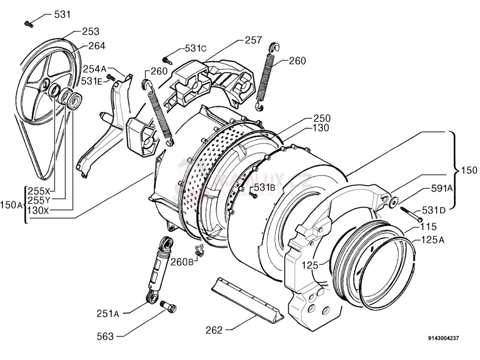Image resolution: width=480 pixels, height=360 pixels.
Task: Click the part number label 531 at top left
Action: [62, 14]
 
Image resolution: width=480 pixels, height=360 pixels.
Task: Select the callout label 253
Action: [90, 31]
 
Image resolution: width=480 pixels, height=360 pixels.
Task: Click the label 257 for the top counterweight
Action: [253, 40]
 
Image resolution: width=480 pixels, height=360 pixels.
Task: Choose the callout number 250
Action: [322, 119]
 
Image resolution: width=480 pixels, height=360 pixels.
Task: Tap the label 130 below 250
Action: [322, 127]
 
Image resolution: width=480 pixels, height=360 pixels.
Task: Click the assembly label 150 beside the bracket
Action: [469, 170]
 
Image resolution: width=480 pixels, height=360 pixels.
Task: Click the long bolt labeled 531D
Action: [411, 215]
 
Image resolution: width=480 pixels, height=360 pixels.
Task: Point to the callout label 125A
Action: [433, 240]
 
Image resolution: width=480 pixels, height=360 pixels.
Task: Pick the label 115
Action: [428, 227]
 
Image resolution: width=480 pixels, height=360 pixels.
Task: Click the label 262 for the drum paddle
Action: [214, 330]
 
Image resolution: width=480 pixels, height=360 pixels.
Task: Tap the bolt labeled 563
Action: [168, 307]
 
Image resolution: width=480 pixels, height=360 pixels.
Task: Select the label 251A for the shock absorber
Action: [108, 314]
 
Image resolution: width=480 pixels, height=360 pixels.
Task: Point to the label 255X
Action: [38, 191]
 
